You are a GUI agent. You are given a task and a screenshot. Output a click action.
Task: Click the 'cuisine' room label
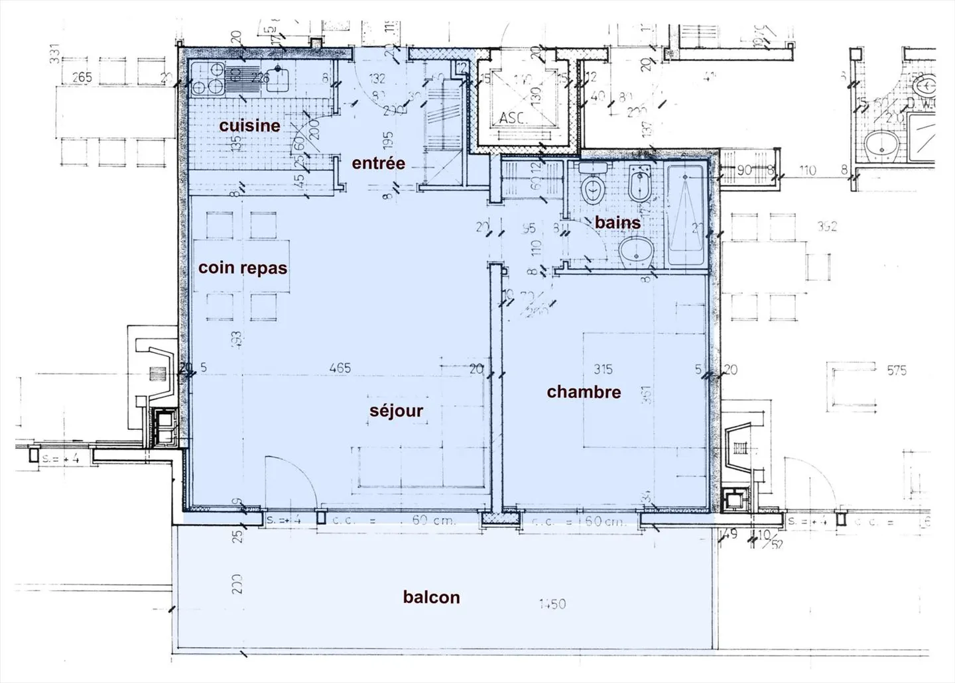tap(249, 125)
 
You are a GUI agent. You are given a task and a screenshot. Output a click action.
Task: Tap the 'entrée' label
tap(378, 163)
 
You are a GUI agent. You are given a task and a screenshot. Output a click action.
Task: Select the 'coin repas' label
tap(243, 268)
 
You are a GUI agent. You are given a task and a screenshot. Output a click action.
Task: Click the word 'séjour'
tap(396, 411)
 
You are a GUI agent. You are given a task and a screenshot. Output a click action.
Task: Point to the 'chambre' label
tap(584, 392)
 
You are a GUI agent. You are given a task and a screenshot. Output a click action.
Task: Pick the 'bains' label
tap(617, 223)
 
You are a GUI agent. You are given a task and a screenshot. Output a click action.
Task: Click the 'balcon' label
tap(431, 598)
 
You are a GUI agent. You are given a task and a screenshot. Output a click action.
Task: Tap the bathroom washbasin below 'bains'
tap(636, 252)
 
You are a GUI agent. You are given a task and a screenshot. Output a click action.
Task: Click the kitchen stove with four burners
tap(208, 79)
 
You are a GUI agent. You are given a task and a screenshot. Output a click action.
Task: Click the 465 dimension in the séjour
tap(340, 368)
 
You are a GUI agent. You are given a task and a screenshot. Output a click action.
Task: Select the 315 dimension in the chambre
tap(603, 369)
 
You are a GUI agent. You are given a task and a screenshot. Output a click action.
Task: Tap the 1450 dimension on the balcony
tap(552, 604)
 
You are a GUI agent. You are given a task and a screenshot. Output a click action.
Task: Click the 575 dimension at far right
tap(896, 370)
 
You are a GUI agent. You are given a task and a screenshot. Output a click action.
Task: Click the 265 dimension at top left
tap(82, 78)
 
